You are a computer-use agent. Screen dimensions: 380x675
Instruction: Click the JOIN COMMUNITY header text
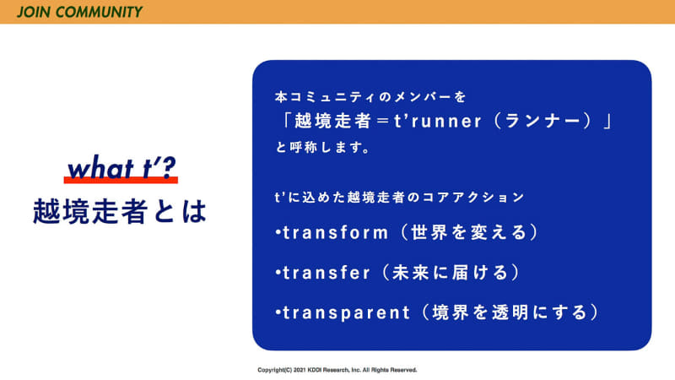(x=79, y=12)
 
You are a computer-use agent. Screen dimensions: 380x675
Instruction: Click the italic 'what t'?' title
(x=121, y=169)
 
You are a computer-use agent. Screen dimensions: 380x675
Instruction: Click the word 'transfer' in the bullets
(x=325, y=273)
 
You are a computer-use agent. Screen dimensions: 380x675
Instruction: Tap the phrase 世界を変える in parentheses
(x=469, y=232)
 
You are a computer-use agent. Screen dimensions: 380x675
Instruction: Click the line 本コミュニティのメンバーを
(x=370, y=96)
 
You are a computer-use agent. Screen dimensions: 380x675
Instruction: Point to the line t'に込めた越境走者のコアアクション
(x=400, y=197)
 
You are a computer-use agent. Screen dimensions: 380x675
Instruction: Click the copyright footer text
(x=337, y=370)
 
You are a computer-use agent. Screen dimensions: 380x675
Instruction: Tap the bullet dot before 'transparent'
(x=278, y=313)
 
